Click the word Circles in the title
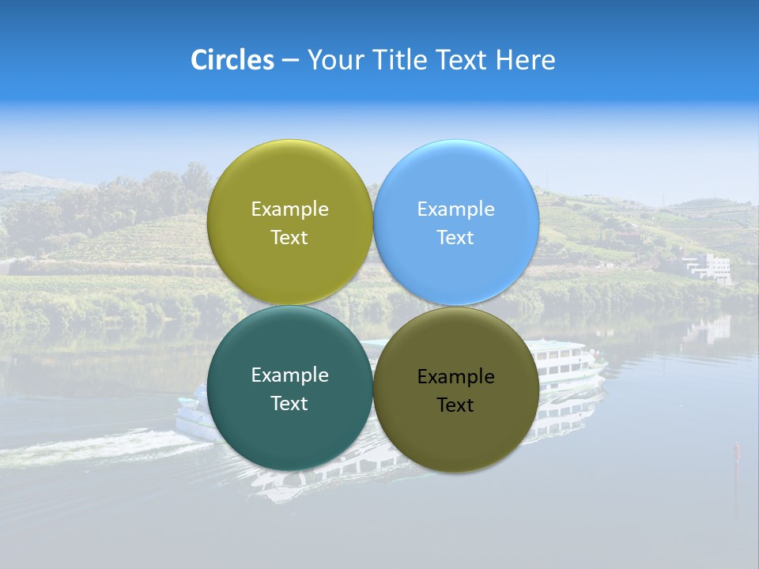pos(232,60)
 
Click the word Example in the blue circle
pos(455,209)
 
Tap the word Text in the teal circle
pos(289,404)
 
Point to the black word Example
pos(455,377)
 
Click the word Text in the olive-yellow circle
pos(289,238)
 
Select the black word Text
pos(455,405)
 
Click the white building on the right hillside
pos(708,266)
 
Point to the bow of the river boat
pos(602,366)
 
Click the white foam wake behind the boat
pos(95,448)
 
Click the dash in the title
pos(290,61)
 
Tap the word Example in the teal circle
pos(289,375)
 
